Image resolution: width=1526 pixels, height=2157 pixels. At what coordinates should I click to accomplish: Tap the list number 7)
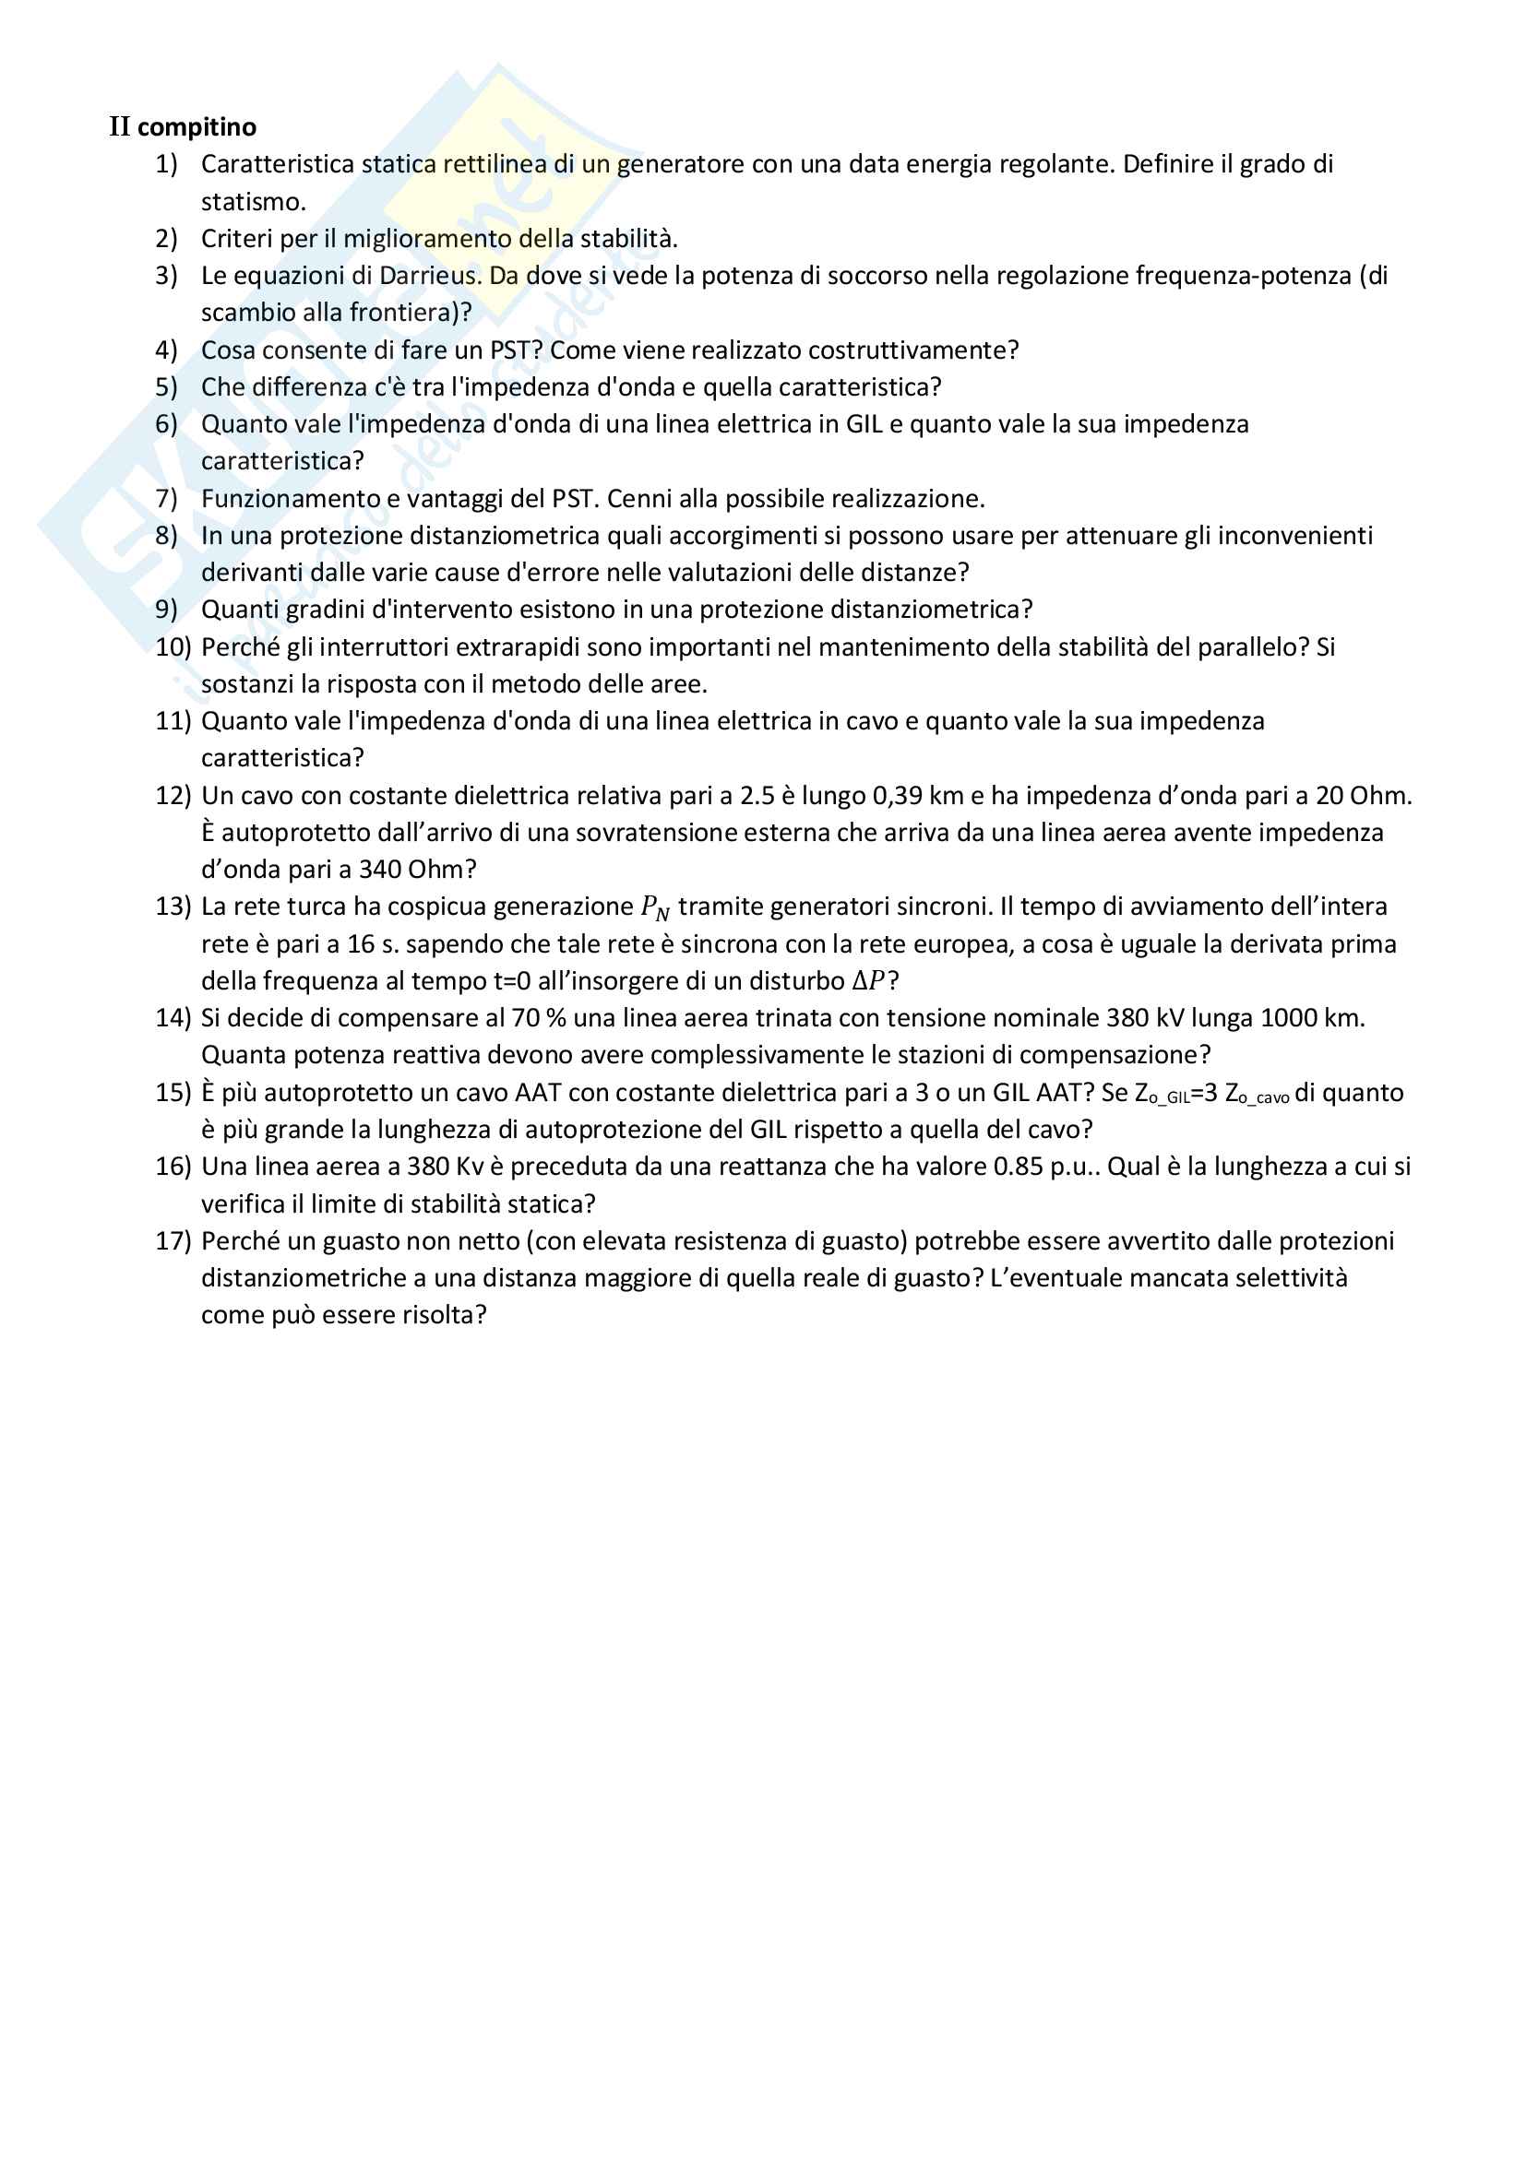(x=166, y=498)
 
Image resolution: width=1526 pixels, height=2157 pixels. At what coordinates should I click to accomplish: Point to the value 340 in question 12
(x=380, y=869)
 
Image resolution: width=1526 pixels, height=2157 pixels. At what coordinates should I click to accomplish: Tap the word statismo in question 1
(x=252, y=201)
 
